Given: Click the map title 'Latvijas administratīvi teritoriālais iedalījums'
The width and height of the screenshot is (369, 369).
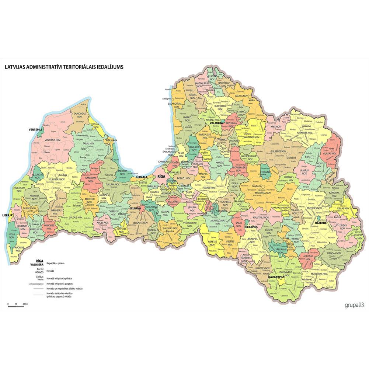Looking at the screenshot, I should [64, 67].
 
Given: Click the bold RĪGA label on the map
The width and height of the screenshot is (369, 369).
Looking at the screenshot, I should [161, 177].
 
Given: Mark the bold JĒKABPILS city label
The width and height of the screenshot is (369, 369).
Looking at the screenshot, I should [250, 227].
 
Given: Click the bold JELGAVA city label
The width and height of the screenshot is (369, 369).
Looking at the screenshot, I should [135, 208].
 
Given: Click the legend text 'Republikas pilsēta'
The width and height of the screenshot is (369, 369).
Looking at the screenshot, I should [56, 264].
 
